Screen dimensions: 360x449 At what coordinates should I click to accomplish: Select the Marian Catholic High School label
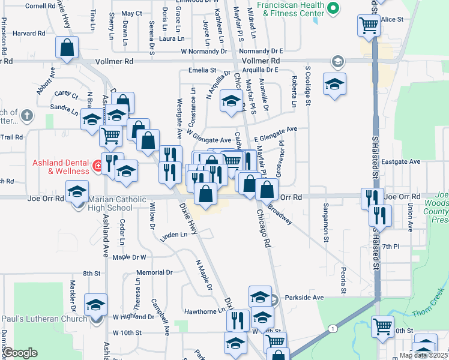pos(110,204)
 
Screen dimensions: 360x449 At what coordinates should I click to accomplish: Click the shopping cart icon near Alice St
pos(368,26)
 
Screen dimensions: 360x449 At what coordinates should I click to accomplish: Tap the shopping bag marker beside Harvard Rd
pos(68,47)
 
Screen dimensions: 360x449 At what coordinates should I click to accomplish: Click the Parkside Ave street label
pos(304,297)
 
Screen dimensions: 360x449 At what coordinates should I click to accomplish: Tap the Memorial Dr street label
pos(154,272)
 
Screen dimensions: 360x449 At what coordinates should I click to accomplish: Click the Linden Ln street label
pos(174,235)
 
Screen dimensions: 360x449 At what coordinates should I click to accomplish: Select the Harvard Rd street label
pos(28,34)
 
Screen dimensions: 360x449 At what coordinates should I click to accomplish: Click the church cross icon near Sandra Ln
pos(26,114)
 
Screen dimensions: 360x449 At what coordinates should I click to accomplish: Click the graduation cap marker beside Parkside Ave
pos(260,296)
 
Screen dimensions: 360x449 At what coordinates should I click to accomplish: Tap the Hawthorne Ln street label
pos(205,311)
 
